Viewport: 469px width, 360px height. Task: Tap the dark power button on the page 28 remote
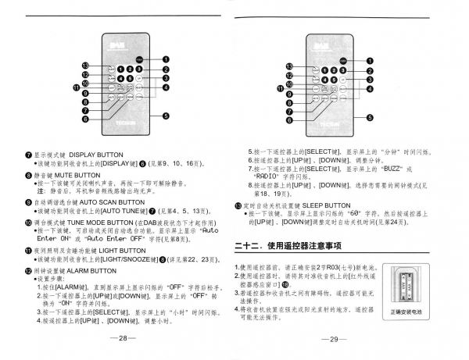[x=138, y=59]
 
